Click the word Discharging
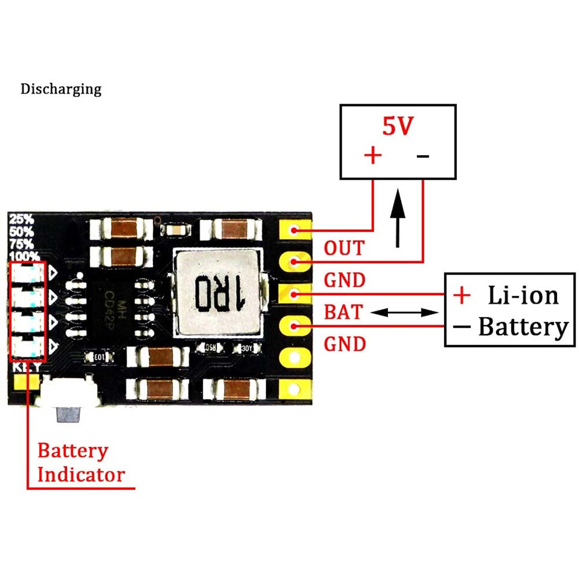[x=61, y=89]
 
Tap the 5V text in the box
[x=397, y=126]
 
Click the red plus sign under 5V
[x=373, y=155]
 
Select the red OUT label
[x=345, y=248]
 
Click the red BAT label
[x=343, y=313]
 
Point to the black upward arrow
[x=398, y=217]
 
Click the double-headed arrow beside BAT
[x=404, y=313]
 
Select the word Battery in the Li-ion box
[x=523, y=327]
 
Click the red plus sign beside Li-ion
[x=461, y=295]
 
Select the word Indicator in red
[x=81, y=475]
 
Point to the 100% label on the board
[x=24, y=255]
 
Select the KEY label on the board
[x=27, y=368]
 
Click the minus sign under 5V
[x=423, y=156]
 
